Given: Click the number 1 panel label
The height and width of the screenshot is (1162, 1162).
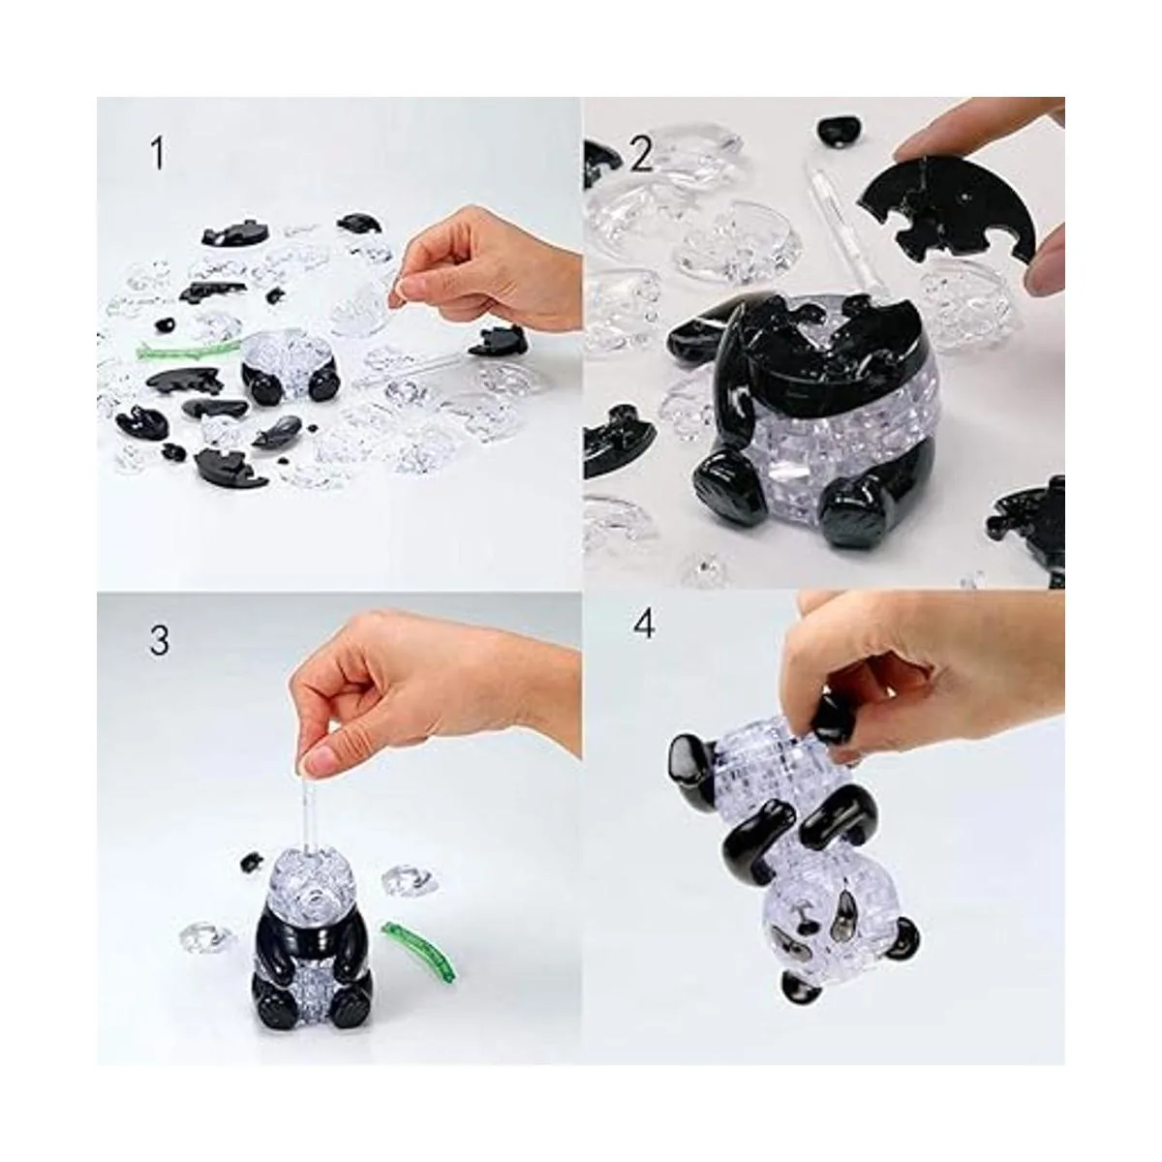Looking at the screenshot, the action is pyautogui.click(x=158, y=153).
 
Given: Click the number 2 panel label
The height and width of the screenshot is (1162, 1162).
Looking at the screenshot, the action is pyautogui.click(x=639, y=153).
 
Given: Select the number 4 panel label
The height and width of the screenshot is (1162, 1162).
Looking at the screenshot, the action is pyautogui.click(x=644, y=625).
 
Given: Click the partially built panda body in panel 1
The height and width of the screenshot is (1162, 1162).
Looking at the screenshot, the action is pyautogui.click(x=290, y=368).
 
